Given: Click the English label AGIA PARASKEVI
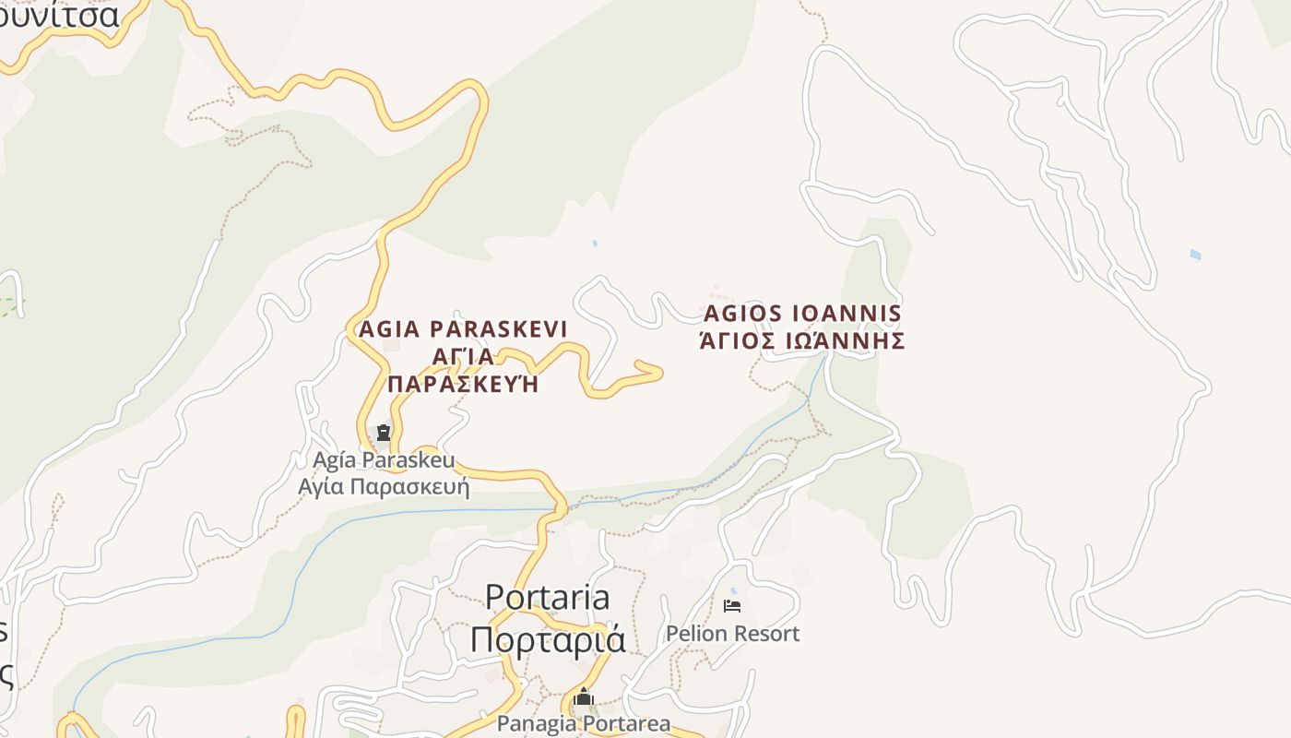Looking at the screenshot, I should pos(463,329).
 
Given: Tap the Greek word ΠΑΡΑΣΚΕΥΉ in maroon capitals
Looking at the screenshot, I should pos(463,384).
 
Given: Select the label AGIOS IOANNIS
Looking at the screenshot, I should pos(802,314).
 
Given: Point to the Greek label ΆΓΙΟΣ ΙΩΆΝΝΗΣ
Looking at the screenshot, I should pos(802,341).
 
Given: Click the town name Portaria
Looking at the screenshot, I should pos(547,598).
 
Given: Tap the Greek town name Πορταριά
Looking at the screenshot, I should pos(547,639).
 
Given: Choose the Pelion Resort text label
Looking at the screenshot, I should pos(732,634).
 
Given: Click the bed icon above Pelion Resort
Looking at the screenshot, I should pos(732,606).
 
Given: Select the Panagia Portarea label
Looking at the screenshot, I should pos(584,723).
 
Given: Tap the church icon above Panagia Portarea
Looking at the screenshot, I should pos(583,698).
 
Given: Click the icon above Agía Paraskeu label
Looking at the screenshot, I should pos(384,432).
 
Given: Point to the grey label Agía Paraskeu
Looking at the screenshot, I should pos(385,459).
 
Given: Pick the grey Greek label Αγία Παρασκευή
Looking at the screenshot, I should pos(385,486).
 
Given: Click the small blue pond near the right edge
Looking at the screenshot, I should pos(1195,255).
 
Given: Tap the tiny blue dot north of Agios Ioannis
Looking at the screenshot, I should pos(595,244).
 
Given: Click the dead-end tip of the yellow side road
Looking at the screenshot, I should pos(659,372).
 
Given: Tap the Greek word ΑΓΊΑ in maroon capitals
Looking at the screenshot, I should pos(463,357).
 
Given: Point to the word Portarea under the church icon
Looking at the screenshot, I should pos(622,723).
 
